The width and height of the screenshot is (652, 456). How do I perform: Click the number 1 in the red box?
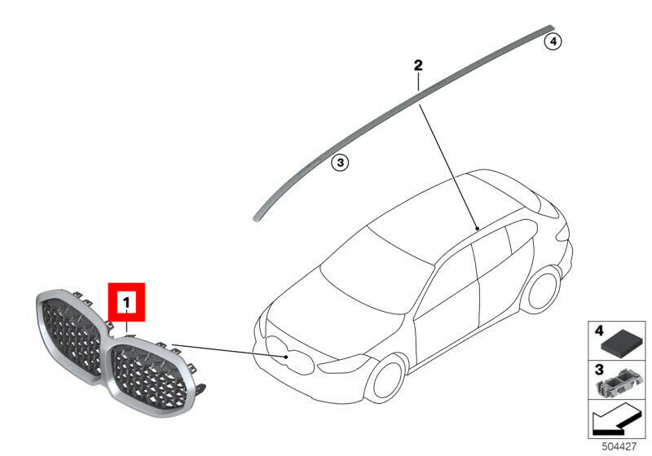126,302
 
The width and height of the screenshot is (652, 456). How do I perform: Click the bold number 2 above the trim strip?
418,65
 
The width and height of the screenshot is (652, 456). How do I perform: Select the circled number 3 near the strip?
340,162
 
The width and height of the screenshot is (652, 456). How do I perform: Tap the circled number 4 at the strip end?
553,42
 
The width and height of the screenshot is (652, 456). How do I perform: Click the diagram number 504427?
619,447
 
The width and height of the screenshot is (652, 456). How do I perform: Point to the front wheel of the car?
389,383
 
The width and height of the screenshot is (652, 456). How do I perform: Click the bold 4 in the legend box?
599,331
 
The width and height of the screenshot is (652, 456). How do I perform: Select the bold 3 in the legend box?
599,369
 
